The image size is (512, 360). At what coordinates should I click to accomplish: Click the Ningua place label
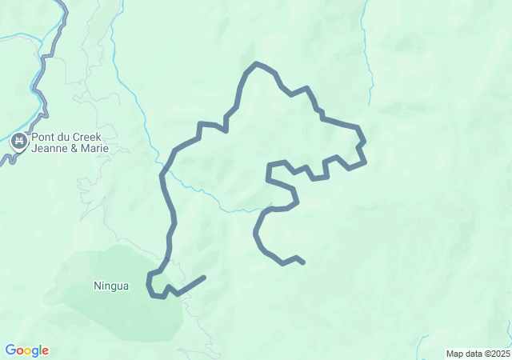pos(111,286)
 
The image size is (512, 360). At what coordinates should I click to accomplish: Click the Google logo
pos(26,350)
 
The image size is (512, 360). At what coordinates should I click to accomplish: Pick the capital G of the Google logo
pos(10,350)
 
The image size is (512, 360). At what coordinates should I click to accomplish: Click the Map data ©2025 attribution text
pos(478,354)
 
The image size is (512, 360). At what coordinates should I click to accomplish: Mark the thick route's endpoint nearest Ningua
pos(204,278)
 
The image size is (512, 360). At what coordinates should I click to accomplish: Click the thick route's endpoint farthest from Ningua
pos(302,262)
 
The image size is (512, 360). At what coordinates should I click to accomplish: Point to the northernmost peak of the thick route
pos(256,63)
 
